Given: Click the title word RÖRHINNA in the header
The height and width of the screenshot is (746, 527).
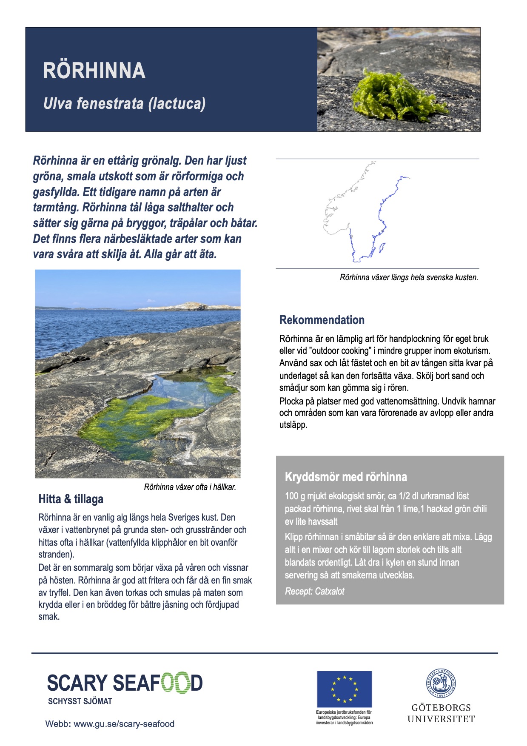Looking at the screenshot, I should [94, 71].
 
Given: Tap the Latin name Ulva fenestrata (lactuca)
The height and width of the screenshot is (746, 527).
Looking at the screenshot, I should [124, 103].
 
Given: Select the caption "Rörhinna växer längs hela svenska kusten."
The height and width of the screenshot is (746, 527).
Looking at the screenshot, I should [409, 277].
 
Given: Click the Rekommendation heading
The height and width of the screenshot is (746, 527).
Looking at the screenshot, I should [322, 320].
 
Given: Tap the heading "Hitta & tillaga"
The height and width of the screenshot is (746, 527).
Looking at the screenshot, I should [71, 499].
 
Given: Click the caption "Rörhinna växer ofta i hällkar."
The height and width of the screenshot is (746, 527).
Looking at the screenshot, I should [190, 487].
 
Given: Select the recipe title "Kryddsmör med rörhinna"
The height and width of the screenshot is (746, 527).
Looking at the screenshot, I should [346, 477].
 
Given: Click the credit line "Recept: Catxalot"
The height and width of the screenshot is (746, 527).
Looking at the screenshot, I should [314, 591].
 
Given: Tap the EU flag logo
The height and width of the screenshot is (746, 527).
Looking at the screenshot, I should [344, 689].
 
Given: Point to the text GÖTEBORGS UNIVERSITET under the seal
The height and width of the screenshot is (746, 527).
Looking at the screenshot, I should [441, 713].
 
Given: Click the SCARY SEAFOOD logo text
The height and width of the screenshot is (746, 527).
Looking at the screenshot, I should [124, 683].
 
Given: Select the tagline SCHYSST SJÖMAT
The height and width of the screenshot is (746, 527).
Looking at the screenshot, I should [80, 701].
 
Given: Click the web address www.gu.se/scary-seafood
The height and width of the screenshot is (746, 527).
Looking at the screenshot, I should [124, 724].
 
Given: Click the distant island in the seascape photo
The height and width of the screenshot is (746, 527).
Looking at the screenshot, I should [187, 306].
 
